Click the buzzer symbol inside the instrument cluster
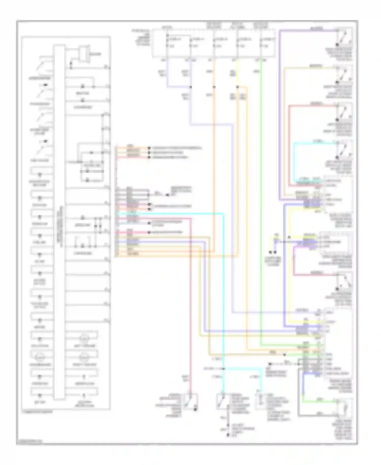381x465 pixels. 83,54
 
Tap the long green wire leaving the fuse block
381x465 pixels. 261,204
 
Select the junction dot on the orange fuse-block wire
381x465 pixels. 214,87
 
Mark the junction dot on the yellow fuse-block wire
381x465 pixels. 237,87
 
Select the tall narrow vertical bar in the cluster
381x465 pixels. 59,221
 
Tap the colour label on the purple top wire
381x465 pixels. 316,28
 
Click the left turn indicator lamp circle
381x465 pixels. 83,339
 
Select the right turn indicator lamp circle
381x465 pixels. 83,357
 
